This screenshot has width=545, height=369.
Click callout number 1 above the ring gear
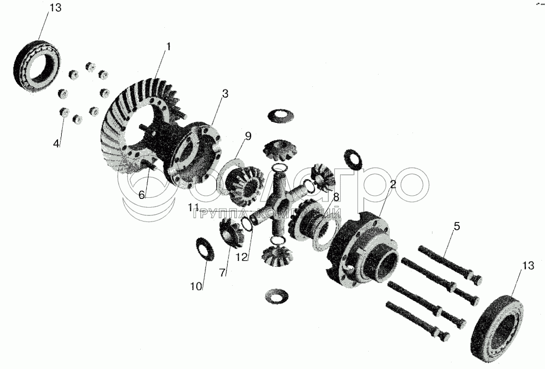pyautogui.click(x=168, y=47)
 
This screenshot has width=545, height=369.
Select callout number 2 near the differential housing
pyautogui.click(x=393, y=184)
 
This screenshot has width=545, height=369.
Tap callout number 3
pyautogui.click(x=225, y=94)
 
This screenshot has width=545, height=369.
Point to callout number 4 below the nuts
pyautogui.click(x=57, y=143)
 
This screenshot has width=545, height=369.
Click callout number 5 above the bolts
pyautogui.click(x=457, y=226)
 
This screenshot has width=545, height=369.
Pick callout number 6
pyautogui.click(x=141, y=195)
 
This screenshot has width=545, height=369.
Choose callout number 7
pyautogui.click(x=222, y=273)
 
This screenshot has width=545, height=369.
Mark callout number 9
pyautogui.click(x=248, y=136)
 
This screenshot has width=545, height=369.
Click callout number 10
pyautogui.click(x=196, y=286)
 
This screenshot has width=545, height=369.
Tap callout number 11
pyautogui.click(x=194, y=208)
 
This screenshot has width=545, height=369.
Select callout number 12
pyautogui.click(x=242, y=257)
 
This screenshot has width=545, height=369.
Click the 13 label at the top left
pyautogui.click(x=55, y=8)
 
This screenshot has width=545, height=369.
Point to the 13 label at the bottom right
pyautogui.click(x=528, y=265)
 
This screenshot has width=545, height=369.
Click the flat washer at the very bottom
pyautogui.click(x=276, y=296)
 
